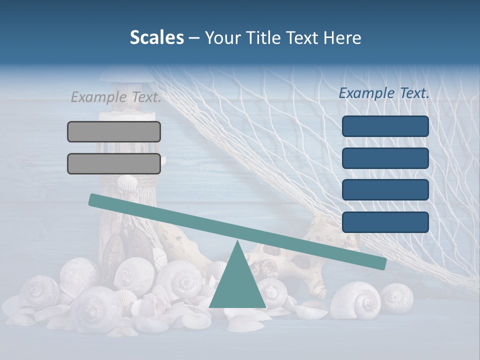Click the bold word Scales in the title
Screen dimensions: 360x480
156,37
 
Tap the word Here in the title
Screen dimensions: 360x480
342,37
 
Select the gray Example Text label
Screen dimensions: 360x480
116,97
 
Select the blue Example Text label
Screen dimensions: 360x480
384,93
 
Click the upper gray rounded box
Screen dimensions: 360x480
114,131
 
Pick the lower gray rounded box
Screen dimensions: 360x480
114,163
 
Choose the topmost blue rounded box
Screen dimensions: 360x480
385,126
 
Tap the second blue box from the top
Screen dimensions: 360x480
385,158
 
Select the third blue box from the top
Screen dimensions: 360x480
385,190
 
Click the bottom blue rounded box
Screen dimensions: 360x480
385,222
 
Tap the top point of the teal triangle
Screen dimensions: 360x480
237,242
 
